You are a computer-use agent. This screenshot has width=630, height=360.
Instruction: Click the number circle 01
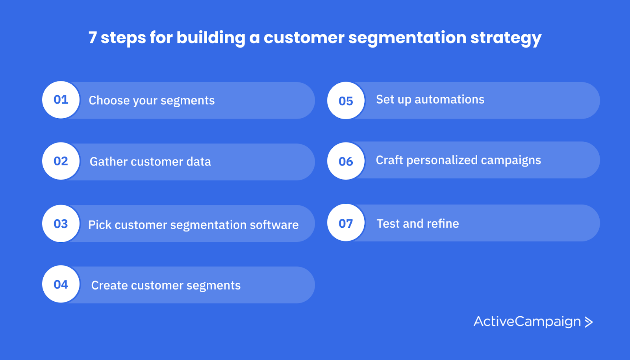tap(61, 100)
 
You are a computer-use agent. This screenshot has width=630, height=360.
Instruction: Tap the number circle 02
tap(61, 161)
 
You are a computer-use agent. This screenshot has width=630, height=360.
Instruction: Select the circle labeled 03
tap(61, 223)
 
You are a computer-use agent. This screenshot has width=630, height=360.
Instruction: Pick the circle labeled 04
tap(61, 284)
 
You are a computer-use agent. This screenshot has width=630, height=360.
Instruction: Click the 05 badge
tap(346, 101)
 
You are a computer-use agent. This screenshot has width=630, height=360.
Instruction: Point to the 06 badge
tap(346, 161)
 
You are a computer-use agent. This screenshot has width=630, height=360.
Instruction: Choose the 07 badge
tap(346, 223)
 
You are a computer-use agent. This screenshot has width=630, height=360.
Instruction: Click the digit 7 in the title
tap(93, 38)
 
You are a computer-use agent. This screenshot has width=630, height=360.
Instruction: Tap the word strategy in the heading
tap(506, 39)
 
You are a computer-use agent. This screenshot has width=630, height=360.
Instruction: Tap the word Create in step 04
tap(109, 285)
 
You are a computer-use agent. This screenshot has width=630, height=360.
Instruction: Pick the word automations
tap(449, 99)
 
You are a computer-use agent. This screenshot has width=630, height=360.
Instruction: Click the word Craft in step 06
tap(389, 160)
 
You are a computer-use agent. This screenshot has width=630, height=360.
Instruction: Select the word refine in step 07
tap(443, 224)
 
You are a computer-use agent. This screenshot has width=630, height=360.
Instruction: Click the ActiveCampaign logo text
tap(527, 322)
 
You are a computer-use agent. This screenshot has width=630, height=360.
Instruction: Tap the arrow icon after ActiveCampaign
tap(589, 322)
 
